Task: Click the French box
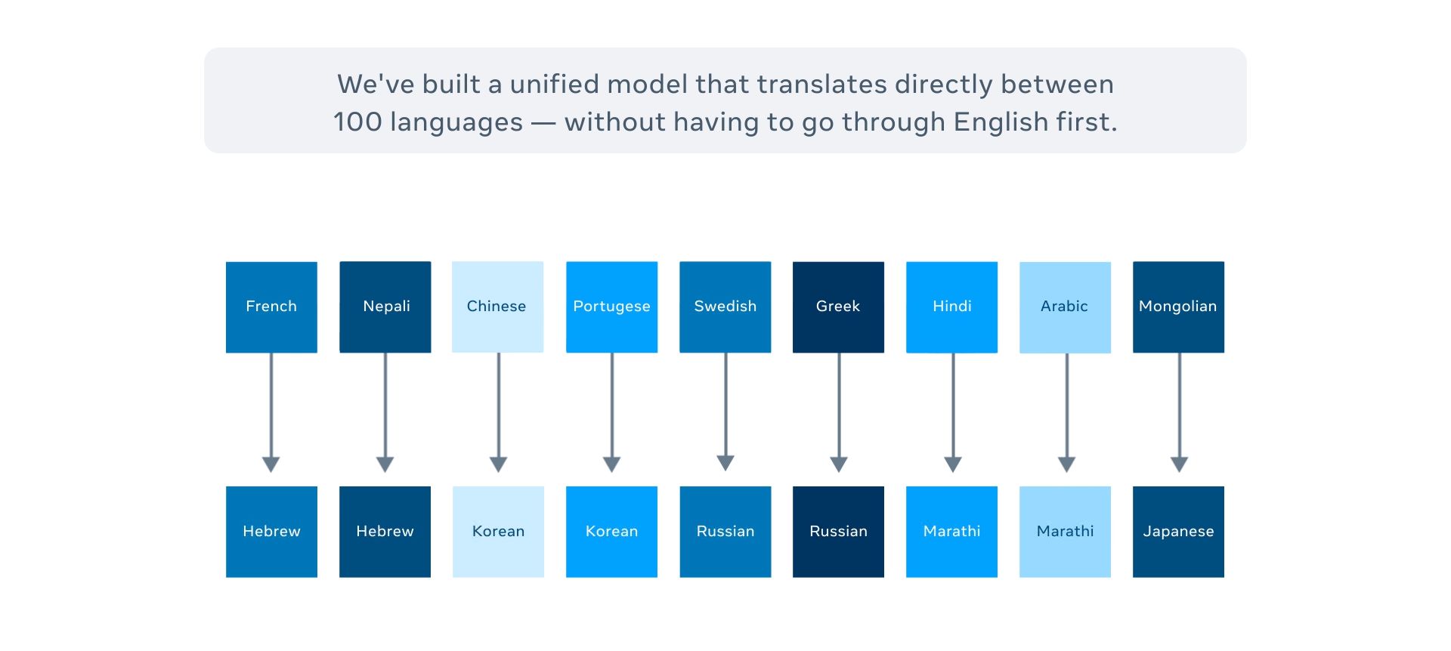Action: (x=271, y=307)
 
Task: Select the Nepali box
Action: (x=385, y=307)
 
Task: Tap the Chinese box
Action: (x=498, y=307)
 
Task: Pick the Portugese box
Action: (x=612, y=307)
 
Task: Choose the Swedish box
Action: (x=725, y=307)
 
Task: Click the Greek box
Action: (x=839, y=307)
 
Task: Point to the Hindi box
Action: (x=952, y=307)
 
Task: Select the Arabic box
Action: (x=1066, y=307)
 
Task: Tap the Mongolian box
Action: (x=1179, y=307)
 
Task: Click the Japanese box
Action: (x=1179, y=532)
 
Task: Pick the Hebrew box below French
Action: (x=271, y=532)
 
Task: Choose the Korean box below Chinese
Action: (x=498, y=532)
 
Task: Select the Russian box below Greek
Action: (x=839, y=532)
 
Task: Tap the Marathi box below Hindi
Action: (x=952, y=532)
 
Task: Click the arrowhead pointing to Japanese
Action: (x=1180, y=464)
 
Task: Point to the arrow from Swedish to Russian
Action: (x=725, y=412)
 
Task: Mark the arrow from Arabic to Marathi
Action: (x=1067, y=412)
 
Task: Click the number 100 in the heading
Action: (x=357, y=122)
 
